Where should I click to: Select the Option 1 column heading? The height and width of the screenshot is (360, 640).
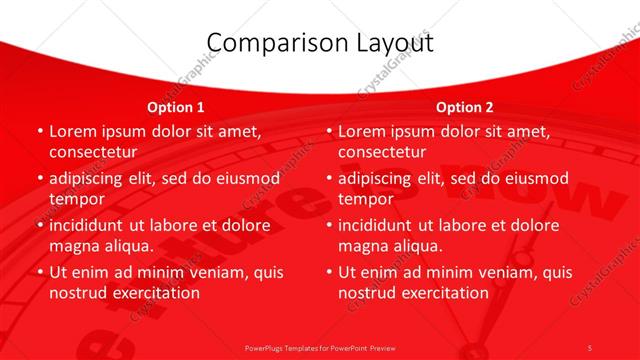[176, 107]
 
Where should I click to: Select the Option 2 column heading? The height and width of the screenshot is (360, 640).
[465, 107]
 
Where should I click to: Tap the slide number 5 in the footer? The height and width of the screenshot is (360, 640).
[590, 347]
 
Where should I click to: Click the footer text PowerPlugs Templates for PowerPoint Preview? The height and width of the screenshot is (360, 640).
[319, 347]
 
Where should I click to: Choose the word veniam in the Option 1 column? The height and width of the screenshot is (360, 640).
[214, 272]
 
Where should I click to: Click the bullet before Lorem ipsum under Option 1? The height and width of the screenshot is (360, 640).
[39, 132]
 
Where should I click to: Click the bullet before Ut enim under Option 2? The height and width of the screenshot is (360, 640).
[329, 272]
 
